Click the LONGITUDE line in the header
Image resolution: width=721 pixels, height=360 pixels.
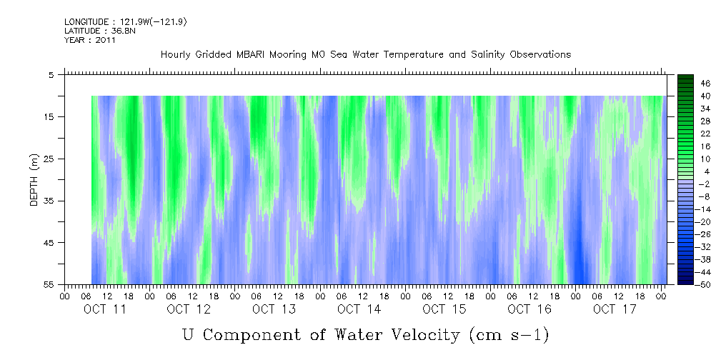point(125,22)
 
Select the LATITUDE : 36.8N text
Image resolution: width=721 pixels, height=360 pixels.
point(94,31)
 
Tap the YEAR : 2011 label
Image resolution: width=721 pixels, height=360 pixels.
point(89,40)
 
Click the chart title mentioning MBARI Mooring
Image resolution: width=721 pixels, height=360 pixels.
point(365,55)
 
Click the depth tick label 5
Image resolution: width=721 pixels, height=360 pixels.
point(51,74)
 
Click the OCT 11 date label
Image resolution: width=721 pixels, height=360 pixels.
point(105,309)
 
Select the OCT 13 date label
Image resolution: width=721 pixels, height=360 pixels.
point(274,309)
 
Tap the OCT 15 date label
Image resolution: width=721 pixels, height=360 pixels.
point(444,309)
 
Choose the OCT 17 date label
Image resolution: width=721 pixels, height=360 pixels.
point(614,309)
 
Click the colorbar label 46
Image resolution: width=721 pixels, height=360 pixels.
point(705,83)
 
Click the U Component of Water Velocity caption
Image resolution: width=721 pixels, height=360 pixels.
point(365,334)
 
